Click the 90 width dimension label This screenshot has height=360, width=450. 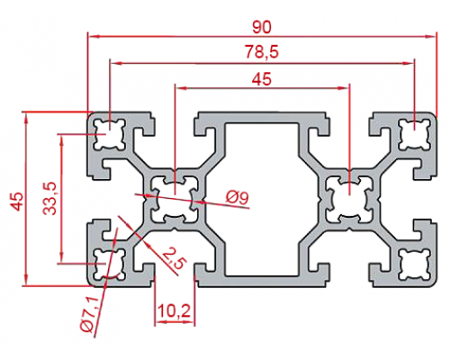click(262, 27)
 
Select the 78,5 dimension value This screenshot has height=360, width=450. click(262, 52)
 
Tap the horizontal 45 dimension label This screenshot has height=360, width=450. click(262, 79)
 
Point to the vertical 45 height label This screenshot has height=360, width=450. click(16, 202)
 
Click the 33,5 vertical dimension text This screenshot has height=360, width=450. click(49, 198)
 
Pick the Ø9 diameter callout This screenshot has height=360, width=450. click(238, 197)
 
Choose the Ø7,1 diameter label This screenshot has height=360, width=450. click(89, 314)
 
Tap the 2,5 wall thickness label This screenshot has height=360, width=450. click(173, 258)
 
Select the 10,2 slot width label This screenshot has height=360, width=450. click(174, 310)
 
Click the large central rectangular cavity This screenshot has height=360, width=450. click(261, 199)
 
